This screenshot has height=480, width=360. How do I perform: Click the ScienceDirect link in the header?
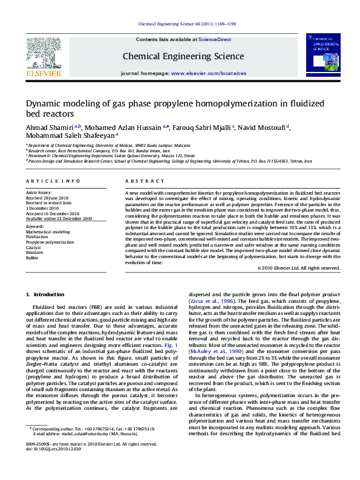pos(215,39)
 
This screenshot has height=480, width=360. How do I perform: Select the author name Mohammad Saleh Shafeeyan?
pos(70,136)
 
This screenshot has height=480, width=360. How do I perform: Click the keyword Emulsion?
pos(34,252)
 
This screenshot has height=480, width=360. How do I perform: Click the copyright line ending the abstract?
pos(298,267)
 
